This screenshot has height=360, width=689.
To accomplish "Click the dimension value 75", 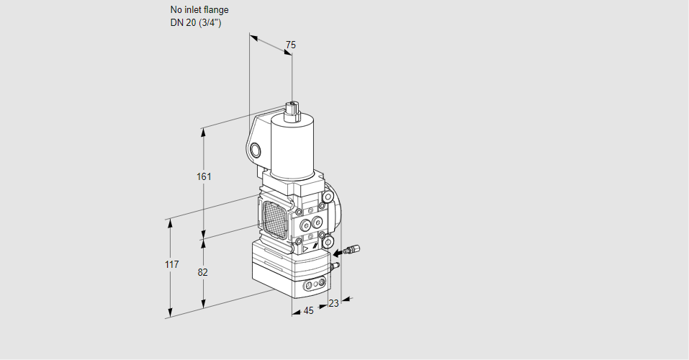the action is point(290,45).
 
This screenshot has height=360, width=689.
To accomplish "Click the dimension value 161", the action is point(204,176).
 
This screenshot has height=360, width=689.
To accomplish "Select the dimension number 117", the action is point(172,264).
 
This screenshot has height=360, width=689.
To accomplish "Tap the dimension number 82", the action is point(202,273).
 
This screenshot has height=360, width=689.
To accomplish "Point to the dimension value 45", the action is point(308,311).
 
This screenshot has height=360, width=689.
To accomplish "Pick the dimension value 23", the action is point(333,303).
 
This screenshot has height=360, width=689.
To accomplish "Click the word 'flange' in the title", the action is point(216,9).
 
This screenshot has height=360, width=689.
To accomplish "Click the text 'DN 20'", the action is point(184,23).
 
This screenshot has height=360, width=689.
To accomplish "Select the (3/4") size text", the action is point(210,23).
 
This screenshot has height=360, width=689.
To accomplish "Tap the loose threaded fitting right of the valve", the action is point(352,250).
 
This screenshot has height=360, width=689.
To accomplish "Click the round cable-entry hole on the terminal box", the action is point(255,150).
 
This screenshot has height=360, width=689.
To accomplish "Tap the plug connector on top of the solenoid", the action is point(292,111).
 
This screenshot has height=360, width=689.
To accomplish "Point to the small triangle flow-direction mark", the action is point(306,249).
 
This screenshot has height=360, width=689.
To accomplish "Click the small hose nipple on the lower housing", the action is point(335,265).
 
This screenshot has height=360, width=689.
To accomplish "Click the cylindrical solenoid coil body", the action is point(292,144).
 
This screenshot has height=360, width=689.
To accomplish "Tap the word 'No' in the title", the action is point(176,9).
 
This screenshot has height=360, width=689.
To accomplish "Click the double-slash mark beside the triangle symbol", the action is point(315,248).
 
